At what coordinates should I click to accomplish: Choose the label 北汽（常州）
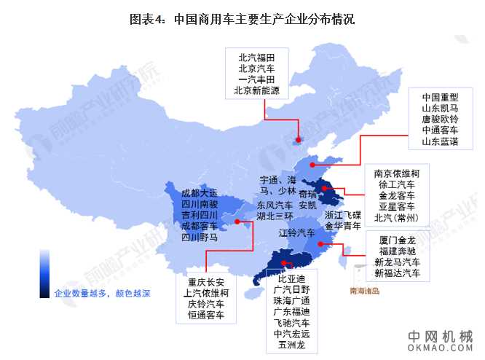pyautogui.click(x=396, y=218)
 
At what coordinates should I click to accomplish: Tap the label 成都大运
pyautogui.click(x=199, y=194)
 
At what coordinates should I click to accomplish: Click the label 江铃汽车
pyautogui.click(x=296, y=232)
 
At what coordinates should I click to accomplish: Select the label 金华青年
pyautogui.click(x=342, y=227)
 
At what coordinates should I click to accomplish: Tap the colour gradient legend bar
pyautogui.click(x=45, y=273)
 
